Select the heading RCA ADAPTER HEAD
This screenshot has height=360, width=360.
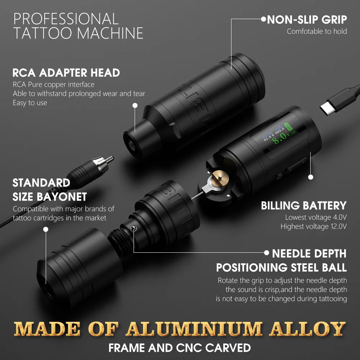tap(66, 73)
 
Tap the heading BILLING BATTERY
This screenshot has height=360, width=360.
tap(303, 206)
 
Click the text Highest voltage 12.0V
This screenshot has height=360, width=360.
tap(314, 226)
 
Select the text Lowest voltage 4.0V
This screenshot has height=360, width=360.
tap(316, 217)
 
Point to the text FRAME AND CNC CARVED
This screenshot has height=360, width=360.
tap(180, 348)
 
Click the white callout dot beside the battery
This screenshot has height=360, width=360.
tap(311, 177)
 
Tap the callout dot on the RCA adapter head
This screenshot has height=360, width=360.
tap(135, 105)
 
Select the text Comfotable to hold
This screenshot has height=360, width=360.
tap(317, 31)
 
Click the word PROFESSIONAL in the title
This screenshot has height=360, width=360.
tap(66, 19)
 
